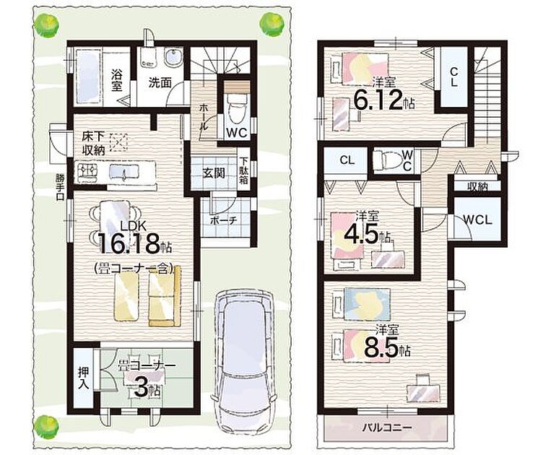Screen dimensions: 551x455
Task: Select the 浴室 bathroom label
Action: click(x=117, y=80)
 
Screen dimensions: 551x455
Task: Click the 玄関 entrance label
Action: click(x=214, y=173)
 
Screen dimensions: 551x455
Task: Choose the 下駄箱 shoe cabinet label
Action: click(x=244, y=170)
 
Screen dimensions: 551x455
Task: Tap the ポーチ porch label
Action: click(x=224, y=221)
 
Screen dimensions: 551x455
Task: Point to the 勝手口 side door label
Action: click(x=60, y=186)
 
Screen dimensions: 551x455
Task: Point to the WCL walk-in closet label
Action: click(x=477, y=220)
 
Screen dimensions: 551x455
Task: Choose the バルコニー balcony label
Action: click(x=387, y=428)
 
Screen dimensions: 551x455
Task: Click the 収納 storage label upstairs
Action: click(x=478, y=187)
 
